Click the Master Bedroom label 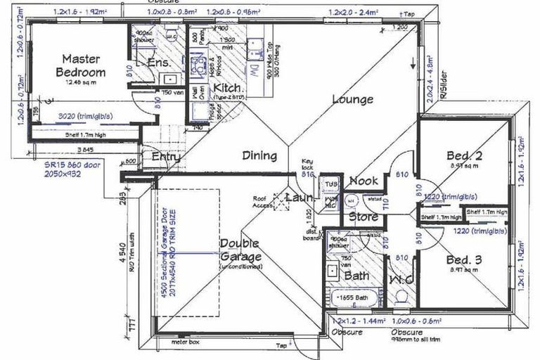pyautogui.click(x=83, y=65)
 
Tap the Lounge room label pyautogui.click(x=352, y=99)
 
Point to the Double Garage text pyautogui.click(x=240, y=250)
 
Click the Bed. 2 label pyautogui.click(x=464, y=155)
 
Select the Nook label pyautogui.click(x=363, y=181)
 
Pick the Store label pyautogui.click(x=364, y=217)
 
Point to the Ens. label pyautogui.click(x=160, y=64)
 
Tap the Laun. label pyautogui.click(x=298, y=199)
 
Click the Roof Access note pyautogui.click(x=264, y=202)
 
